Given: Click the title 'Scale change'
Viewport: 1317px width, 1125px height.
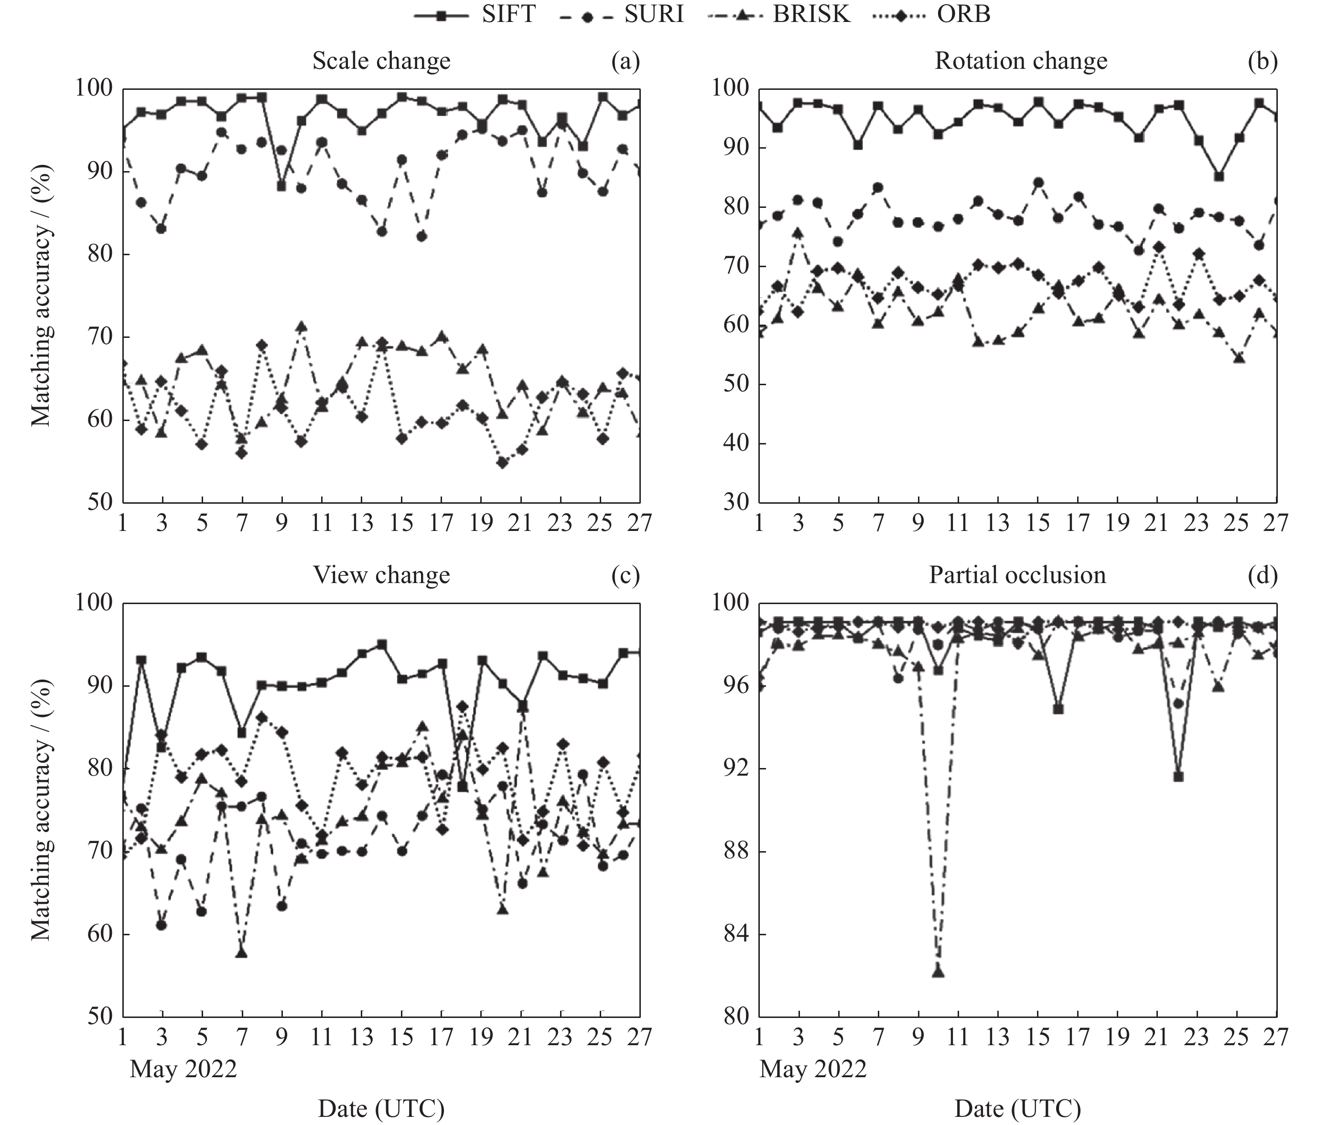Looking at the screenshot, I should coord(381,61).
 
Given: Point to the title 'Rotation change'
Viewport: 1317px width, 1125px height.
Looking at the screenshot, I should coord(1021,61).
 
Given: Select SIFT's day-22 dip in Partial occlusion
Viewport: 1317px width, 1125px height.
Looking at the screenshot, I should coord(1178,777).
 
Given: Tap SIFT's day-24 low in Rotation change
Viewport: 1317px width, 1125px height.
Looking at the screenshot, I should coord(1219,176).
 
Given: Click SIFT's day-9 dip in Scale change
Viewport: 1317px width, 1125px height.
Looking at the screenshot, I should coord(281,186).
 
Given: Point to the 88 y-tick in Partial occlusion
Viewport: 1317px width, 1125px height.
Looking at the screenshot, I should coord(735,852).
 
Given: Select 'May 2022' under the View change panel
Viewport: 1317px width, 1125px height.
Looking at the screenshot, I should coord(183,1069).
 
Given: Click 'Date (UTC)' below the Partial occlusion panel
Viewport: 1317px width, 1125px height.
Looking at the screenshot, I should coord(1017,1109).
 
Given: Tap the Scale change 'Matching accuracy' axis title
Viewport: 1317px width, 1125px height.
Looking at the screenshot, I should coord(41,295).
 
